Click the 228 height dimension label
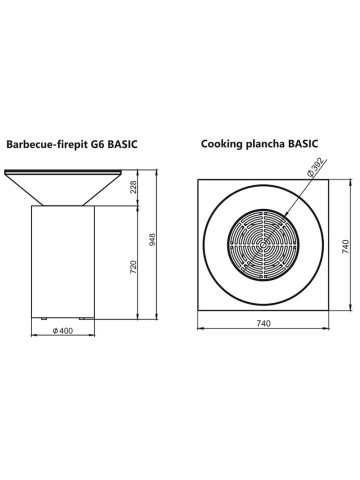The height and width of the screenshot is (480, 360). (x=133, y=187)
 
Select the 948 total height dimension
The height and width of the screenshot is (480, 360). (x=152, y=239)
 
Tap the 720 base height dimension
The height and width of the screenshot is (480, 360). (x=133, y=267)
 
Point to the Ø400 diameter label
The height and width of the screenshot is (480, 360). (x=63, y=331)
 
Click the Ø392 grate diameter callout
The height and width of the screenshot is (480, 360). (x=315, y=168)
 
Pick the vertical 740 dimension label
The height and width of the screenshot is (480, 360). (x=346, y=247)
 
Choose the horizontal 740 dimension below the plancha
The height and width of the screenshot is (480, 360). (x=264, y=323)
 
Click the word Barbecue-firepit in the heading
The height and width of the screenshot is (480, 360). (x=47, y=145)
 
